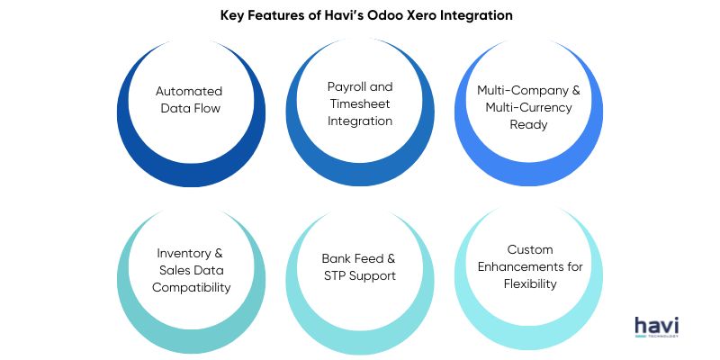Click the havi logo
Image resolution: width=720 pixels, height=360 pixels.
[x=657, y=327]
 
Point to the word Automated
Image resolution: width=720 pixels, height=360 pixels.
[x=189, y=91]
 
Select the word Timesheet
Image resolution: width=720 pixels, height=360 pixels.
[x=359, y=103]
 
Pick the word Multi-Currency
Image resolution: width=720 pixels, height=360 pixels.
[x=528, y=107]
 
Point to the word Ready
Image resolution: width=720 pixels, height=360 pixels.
[x=528, y=125]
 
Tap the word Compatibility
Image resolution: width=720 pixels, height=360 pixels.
[x=191, y=288]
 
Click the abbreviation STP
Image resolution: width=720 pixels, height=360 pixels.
[x=334, y=276]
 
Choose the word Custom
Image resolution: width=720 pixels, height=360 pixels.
[x=530, y=249]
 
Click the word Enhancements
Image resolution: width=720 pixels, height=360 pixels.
[x=523, y=266]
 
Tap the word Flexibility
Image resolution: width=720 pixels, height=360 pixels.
[x=530, y=284]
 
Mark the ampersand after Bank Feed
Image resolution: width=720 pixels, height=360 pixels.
[x=391, y=258]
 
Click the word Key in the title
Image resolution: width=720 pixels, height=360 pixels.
[x=231, y=16]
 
